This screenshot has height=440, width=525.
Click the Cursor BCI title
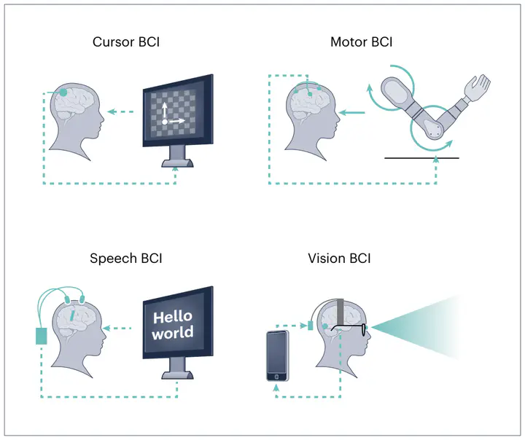(126, 42)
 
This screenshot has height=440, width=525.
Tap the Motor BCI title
(361, 42)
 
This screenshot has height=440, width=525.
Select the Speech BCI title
(126, 258)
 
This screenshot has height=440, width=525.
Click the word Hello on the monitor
(173, 317)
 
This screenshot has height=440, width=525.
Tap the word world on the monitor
(173, 333)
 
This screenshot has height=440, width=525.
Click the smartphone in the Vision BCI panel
(277, 355)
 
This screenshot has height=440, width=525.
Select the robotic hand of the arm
(478, 87)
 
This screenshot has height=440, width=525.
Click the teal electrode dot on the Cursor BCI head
(65, 93)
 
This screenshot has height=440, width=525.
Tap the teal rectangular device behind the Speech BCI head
(42, 337)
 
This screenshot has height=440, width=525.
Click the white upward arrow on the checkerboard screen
(164, 111)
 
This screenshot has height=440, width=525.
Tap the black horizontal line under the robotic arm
(422, 157)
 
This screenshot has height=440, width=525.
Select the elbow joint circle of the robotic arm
(433, 128)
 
